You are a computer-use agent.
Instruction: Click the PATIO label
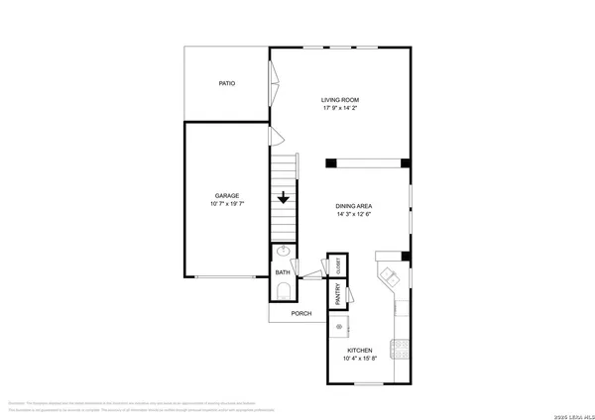[x=226, y=83]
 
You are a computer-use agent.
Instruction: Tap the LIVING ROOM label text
[x=339, y=99]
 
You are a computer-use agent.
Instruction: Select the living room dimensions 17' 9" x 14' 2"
[x=339, y=108]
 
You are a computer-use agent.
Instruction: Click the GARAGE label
[x=226, y=195]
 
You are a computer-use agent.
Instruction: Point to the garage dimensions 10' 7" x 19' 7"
[x=226, y=204]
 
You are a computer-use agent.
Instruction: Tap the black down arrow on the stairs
[x=284, y=196]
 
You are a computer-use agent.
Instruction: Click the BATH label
[x=282, y=272]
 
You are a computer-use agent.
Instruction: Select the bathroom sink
[x=283, y=252]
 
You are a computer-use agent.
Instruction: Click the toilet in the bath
[x=283, y=291]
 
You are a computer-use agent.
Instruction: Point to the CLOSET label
[x=338, y=265]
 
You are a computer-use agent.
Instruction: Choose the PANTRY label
[x=338, y=293]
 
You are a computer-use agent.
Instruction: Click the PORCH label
[x=300, y=314]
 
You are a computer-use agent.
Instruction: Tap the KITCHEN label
[x=359, y=352]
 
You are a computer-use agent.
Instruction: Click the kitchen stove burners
[x=401, y=348]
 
